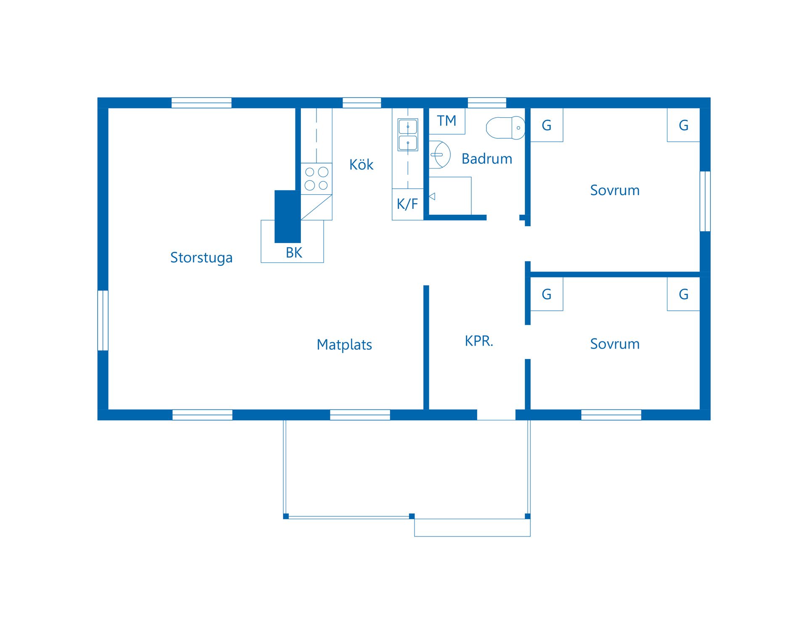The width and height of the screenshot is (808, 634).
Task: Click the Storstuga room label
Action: tap(201, 258)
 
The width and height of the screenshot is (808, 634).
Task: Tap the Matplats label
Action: tap(344, 345)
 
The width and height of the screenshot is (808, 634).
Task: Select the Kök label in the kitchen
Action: tap(361, 165)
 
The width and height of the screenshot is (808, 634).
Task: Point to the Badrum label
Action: tap(486, 159)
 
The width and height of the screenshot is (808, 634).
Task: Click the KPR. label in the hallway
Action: tap(478, 341)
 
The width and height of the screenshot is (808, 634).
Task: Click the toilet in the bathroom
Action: tap(505, 128)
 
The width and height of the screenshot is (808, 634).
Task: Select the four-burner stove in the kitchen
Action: tap(316, 179)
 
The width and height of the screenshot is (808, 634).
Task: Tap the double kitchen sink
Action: tap(408, 135)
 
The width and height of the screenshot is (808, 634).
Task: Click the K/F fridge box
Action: tap(407, 204)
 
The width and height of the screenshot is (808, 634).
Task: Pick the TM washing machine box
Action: tap(447, 121)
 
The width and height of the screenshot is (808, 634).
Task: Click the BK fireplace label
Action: tap(294, 253)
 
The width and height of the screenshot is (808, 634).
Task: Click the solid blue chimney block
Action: tap(287, 217)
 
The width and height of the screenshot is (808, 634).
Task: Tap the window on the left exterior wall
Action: tap(103, 320)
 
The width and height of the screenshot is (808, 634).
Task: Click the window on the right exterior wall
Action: tap(705, 201)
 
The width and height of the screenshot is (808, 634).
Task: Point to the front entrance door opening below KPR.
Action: tap(496, 415)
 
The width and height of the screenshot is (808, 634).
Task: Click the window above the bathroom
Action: tap(487, 103)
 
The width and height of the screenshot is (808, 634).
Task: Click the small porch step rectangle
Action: tap(472, 527)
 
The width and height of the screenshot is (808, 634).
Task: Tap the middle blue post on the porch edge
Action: tap(412, 516)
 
